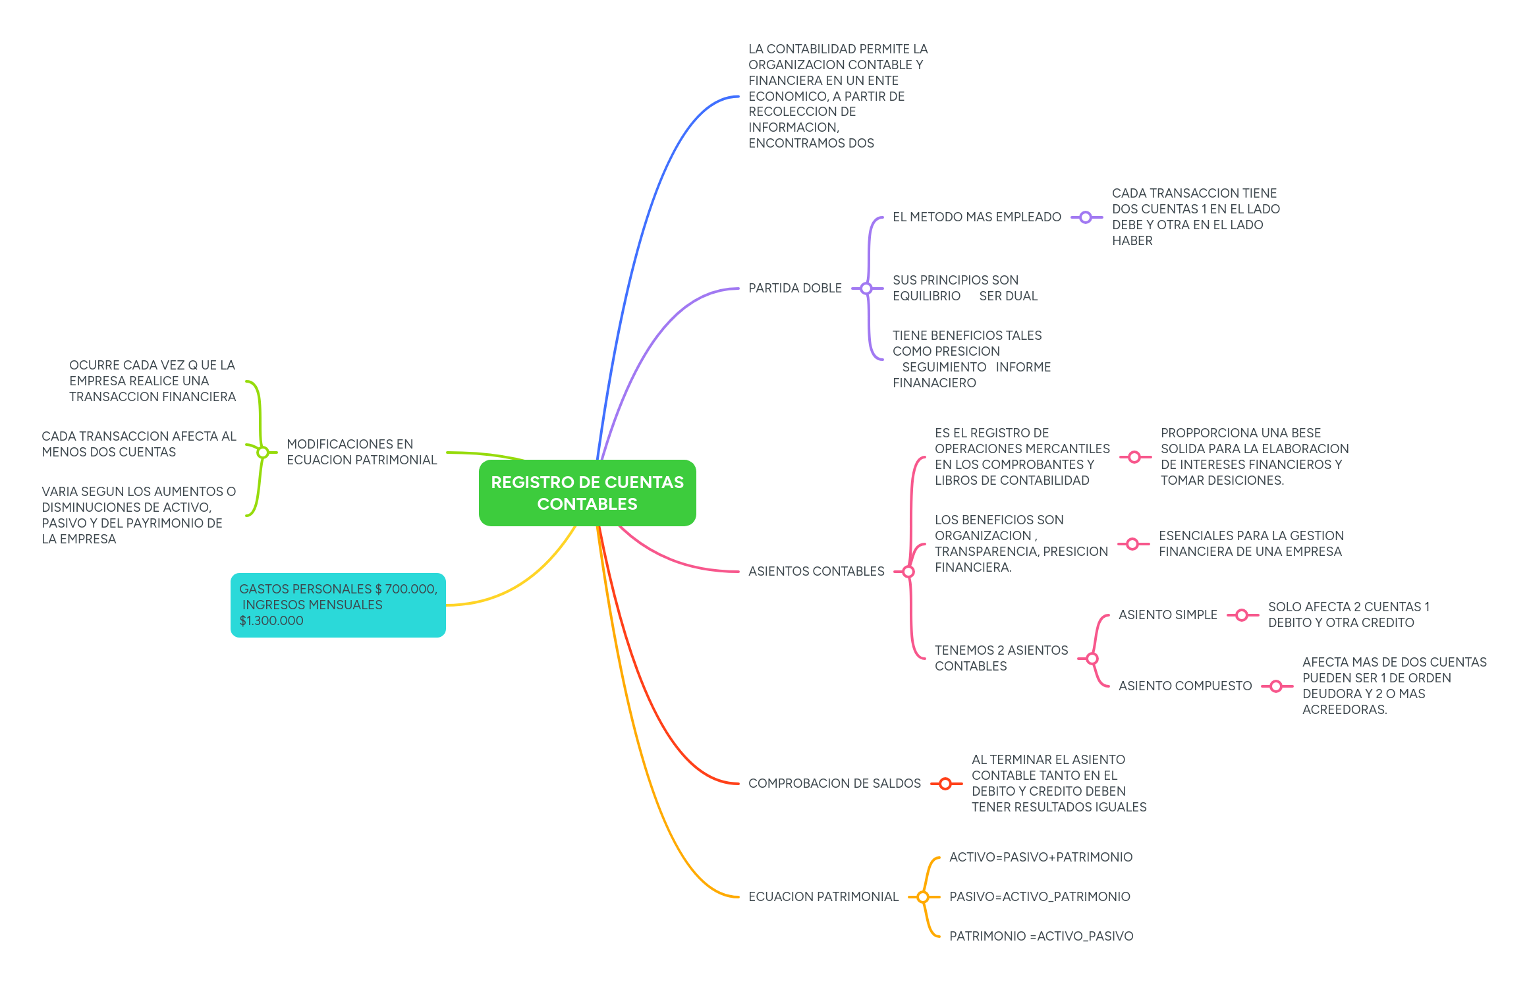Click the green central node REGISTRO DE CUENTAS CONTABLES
point(587,493)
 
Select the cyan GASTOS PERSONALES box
point(338,605)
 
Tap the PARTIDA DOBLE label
point(794,288)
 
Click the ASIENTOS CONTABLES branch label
point(816,571)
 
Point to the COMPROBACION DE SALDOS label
point(834,783)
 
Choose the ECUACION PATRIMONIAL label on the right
point(823,896)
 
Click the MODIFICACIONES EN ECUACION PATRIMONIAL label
point(361,452)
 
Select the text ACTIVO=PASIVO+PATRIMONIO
point(1040,857)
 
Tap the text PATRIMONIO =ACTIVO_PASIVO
point(1041,936)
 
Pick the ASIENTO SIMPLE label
point(1167,615)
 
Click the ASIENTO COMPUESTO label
point(1184,686)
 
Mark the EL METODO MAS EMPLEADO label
point(976,217)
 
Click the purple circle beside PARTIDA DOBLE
point(866,288)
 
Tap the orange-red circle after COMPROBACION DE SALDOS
point(945,784)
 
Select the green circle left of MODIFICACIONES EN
point(262,452)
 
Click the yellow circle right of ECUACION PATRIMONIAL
point(923,897)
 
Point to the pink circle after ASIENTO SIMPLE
point(1242,615)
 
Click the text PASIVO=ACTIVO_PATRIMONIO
point(1039,896)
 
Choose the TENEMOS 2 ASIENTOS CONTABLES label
point(1001,658)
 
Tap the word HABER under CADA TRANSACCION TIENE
point(1132,240)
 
